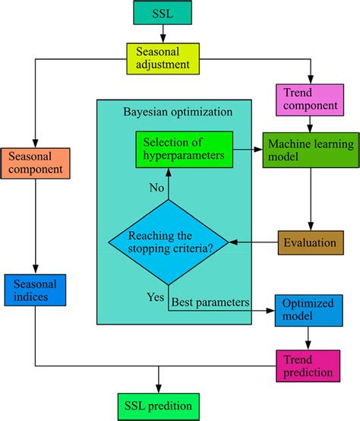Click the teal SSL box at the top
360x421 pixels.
click(x=163, y=13)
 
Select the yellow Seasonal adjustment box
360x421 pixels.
click(x=163, y=59)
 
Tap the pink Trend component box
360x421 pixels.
click(x=310, y=100)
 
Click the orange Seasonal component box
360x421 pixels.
click(x=36, y=163)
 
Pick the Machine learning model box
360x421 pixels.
click(x=311, y=150)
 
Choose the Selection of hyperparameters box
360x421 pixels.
click(x=185, y=150)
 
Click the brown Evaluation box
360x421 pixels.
click(x=311, y=242)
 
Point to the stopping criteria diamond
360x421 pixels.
click(x=169, y=242)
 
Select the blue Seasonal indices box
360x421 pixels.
click(x=35, y=290)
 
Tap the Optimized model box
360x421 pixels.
click(x=309, y=310)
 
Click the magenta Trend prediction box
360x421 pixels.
click(x=308, y=366)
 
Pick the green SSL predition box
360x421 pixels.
click(x=159, y=407)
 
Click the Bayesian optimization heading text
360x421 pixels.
click(x=178, y=112)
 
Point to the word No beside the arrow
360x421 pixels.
click(x=156, y=188)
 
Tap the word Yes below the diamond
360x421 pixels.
click(x=156, y=297)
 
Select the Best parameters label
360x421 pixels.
click(x=210, y=302)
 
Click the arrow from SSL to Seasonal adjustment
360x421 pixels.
click(x=163, y=34)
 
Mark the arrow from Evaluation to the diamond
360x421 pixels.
click(x=253, y=242)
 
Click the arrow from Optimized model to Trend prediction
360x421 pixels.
click(x=308, y=338)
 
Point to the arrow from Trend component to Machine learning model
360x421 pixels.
click(x=310, y=125)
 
